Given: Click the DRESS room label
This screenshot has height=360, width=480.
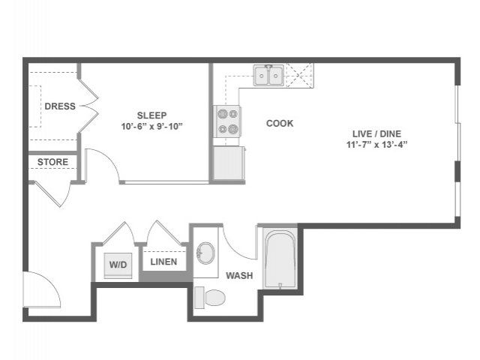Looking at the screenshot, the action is click(x=60, y=106).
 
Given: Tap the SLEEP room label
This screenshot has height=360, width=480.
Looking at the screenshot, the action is click(x=151, y=115).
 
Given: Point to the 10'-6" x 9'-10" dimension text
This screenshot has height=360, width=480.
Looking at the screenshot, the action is click(x=151, y=126).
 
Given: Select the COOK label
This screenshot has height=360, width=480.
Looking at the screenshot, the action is click(x=280, y=123).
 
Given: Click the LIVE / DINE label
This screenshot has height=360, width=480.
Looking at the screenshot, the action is click(x=376, y=133).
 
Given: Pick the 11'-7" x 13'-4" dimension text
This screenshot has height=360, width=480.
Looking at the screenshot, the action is click(x=376, y=145).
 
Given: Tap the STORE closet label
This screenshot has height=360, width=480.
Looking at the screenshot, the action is click(x=53, y=162).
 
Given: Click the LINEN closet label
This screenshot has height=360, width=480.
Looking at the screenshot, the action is click(x=163, y=262).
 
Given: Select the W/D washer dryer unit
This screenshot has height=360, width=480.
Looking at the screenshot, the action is click(x=118, y=265).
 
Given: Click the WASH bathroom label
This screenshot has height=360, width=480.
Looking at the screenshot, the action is click(x=239, y=275).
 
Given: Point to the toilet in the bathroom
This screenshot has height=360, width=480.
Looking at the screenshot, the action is click(x=210, y=298).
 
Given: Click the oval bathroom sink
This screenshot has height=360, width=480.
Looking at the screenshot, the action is click(x=205, y=253).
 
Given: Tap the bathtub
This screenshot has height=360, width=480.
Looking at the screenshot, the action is click(x=280, y=258).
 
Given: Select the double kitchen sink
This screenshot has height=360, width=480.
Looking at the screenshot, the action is click(x=268, y=76).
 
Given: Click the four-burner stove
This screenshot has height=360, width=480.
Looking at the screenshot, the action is click(x=227, y=121).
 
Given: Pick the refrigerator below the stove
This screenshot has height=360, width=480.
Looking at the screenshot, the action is click(x=229, y=163).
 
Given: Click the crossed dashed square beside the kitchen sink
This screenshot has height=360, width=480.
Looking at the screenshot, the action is click(x=300, y=75).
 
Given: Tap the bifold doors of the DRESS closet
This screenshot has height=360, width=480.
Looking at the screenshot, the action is click(x=88, y=106).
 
